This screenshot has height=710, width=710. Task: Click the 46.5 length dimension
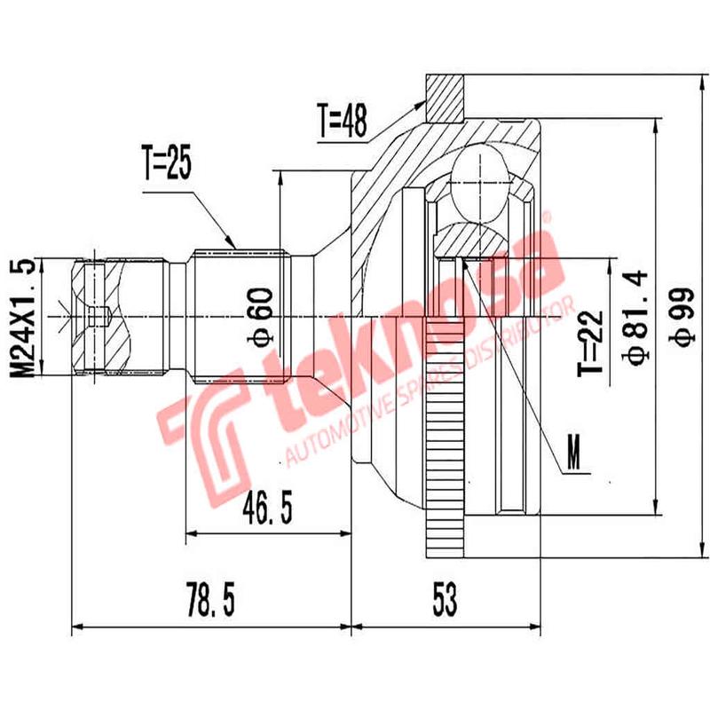265,511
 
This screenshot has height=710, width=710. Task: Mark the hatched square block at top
446,97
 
